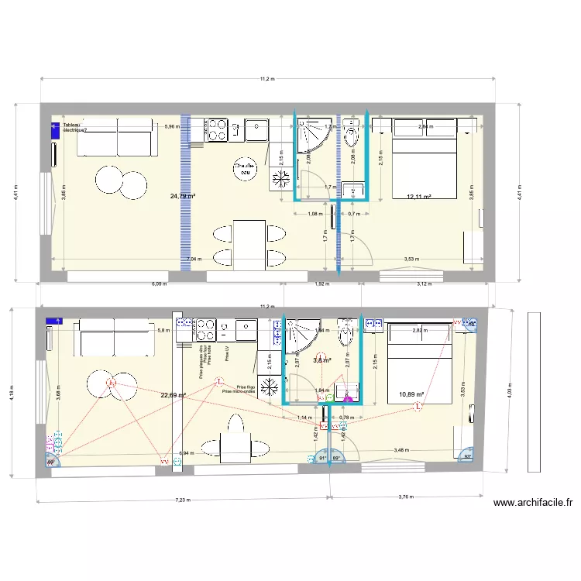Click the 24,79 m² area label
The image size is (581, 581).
pos(183,196)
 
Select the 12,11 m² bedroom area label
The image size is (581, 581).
pos(418,197)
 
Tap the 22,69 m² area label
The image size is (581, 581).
pos(173,395)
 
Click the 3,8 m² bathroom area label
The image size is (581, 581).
pos(321,359)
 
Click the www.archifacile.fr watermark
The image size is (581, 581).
pos(533,503)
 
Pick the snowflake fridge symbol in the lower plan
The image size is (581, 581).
pos(269,387)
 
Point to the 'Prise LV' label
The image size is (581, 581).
pos(227,353)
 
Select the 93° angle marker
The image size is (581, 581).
pos(467,457)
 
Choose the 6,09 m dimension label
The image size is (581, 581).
pos(159,284)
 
